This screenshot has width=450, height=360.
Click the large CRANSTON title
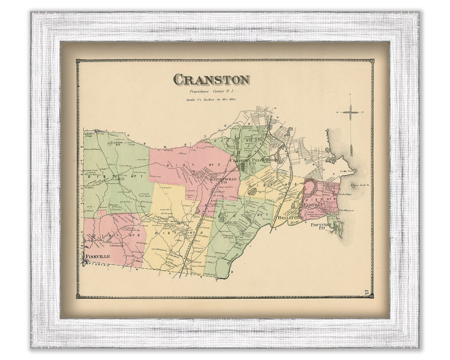tap(211, 79)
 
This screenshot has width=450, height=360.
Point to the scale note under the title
tap(211, 100)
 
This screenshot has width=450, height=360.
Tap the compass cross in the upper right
tap(350, 113)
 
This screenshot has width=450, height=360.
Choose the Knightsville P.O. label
tap(212, 180)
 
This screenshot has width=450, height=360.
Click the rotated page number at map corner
tap(367, 291)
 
